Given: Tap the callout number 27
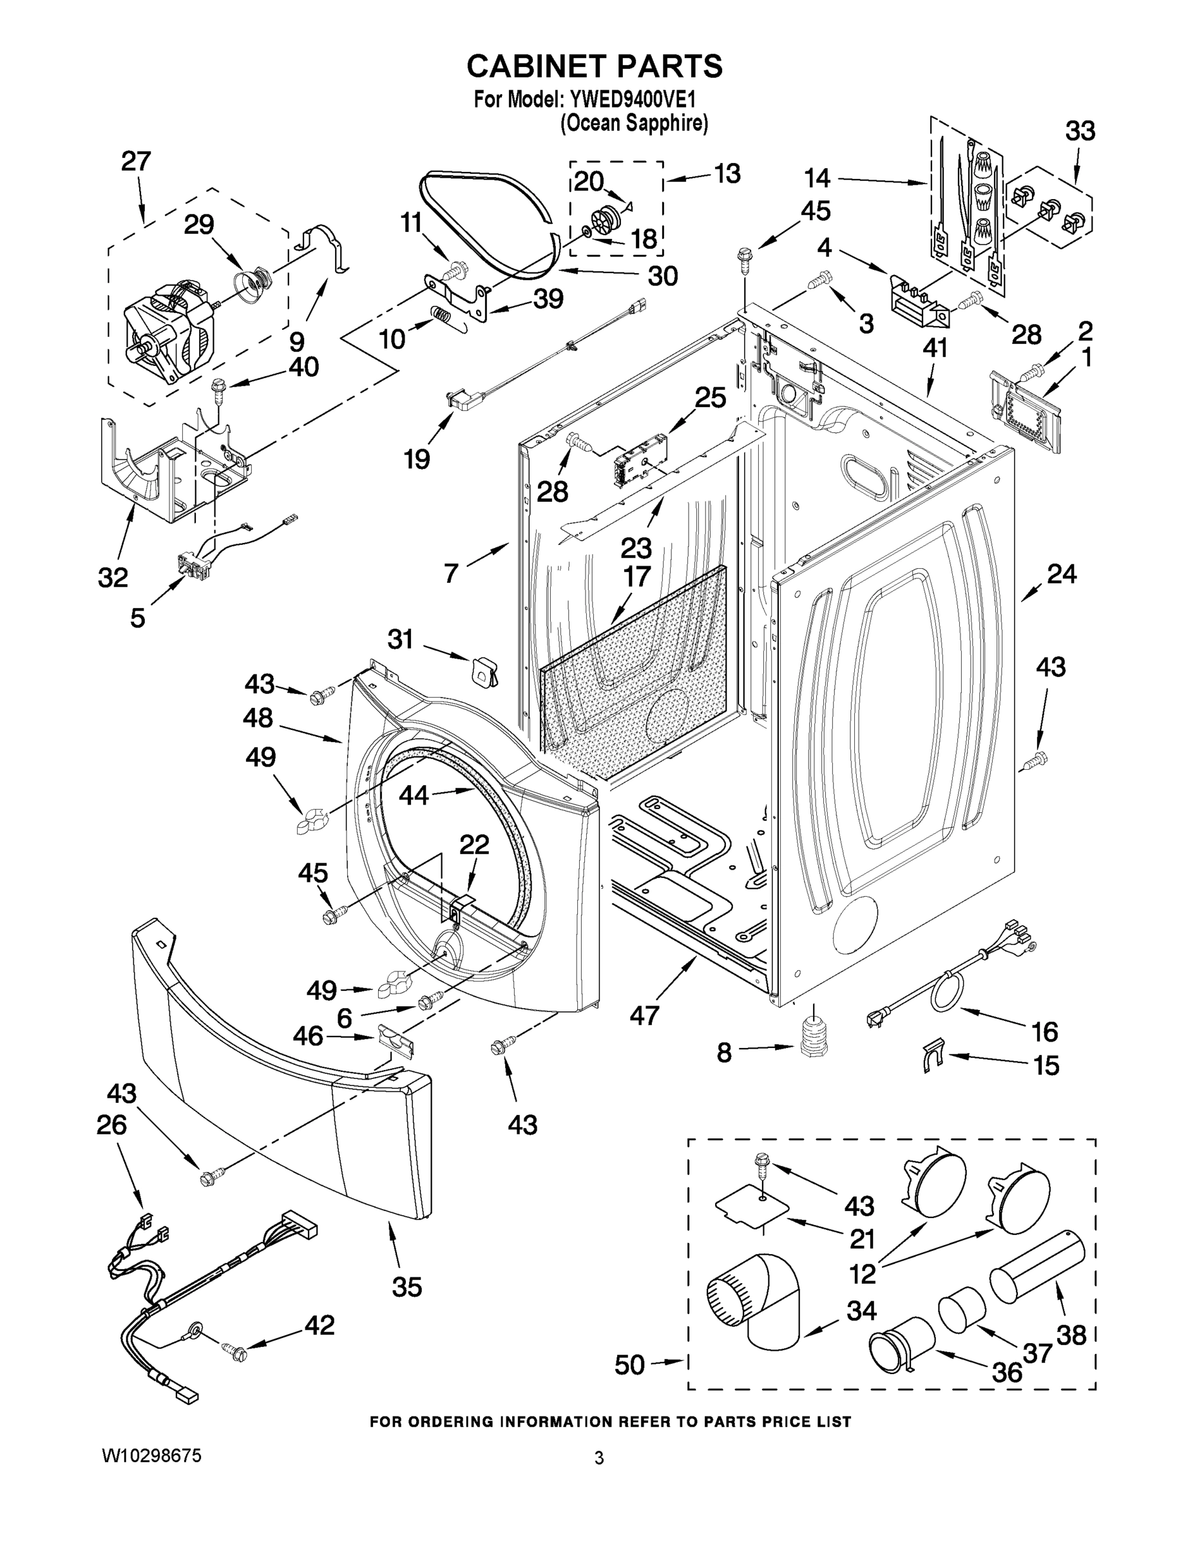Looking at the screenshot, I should (136, 162).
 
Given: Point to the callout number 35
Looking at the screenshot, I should (406, 1286).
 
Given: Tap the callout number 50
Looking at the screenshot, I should (629, 1364).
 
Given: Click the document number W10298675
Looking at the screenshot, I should (152, 1455).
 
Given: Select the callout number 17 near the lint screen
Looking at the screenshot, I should (636, 577).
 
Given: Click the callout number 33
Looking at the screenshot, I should (1080, 131).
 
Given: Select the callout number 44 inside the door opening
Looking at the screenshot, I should (414, 795).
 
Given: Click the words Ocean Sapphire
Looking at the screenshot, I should (635, 124).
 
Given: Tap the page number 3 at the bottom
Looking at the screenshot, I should (599, 1458).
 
